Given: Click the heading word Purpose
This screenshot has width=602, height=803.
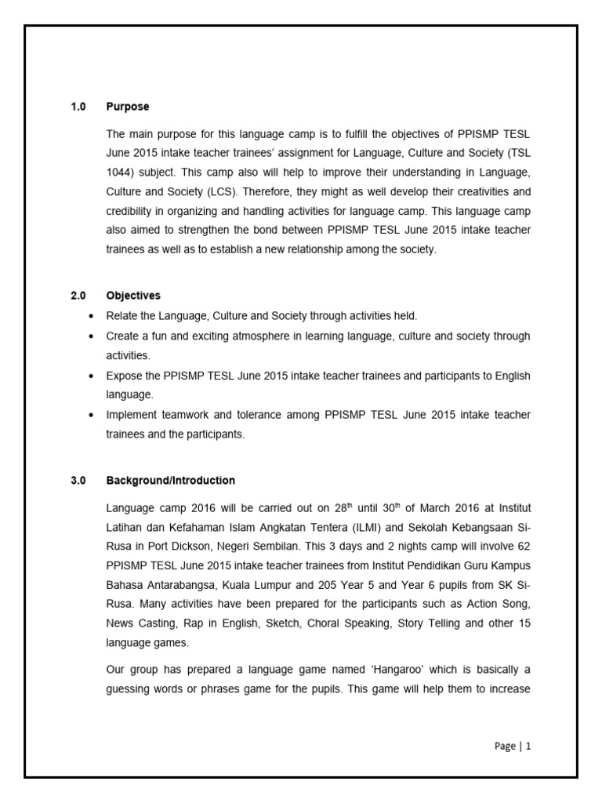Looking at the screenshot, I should tap(127, 107).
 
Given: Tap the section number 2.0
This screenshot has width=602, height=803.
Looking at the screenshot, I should tap(78, 296).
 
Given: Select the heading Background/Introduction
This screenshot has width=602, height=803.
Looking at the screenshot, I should tap(170, 481).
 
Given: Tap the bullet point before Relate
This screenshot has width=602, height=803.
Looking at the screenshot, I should tap(92, 316).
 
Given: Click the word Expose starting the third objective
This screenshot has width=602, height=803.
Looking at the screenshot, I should tap(125, 376).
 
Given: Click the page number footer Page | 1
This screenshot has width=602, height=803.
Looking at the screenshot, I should tap(513, 747).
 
